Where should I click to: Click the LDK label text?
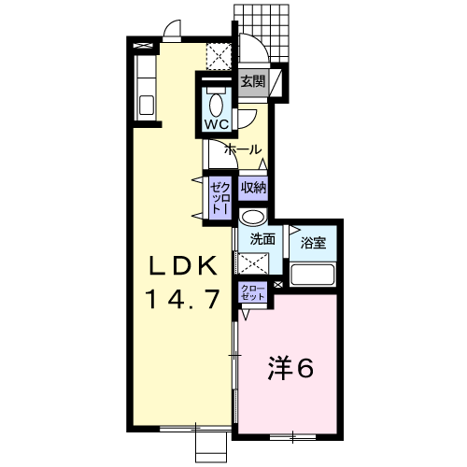point(183,265)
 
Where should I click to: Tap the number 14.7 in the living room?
point(183,299)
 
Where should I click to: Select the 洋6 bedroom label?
point(290,368)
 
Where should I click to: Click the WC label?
point(217,124)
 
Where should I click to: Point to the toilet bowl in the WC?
point(216,105)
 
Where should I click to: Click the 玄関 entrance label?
point(252,82)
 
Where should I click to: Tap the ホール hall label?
point(243,149)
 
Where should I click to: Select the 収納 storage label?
point(253,188)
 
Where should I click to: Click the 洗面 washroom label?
point(263,239)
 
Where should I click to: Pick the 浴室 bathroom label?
point(313,243)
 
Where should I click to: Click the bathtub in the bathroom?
point(312,275)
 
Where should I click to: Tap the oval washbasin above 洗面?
point(253,217)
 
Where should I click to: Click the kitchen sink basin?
point(147,105)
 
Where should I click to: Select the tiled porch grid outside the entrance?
point(262,33)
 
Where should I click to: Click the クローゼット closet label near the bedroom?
point(253,292)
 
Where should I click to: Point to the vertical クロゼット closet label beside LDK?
point(220,198)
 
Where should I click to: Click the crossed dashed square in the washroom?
point(252,263)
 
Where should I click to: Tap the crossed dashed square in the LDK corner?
point(219,57)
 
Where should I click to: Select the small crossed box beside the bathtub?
point(278,284)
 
